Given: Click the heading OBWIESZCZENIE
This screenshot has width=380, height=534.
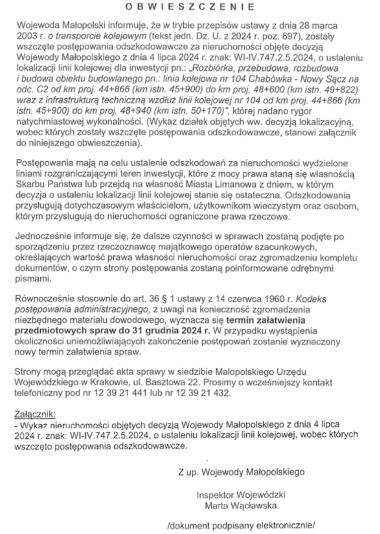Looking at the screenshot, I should [x=189, y=7].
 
